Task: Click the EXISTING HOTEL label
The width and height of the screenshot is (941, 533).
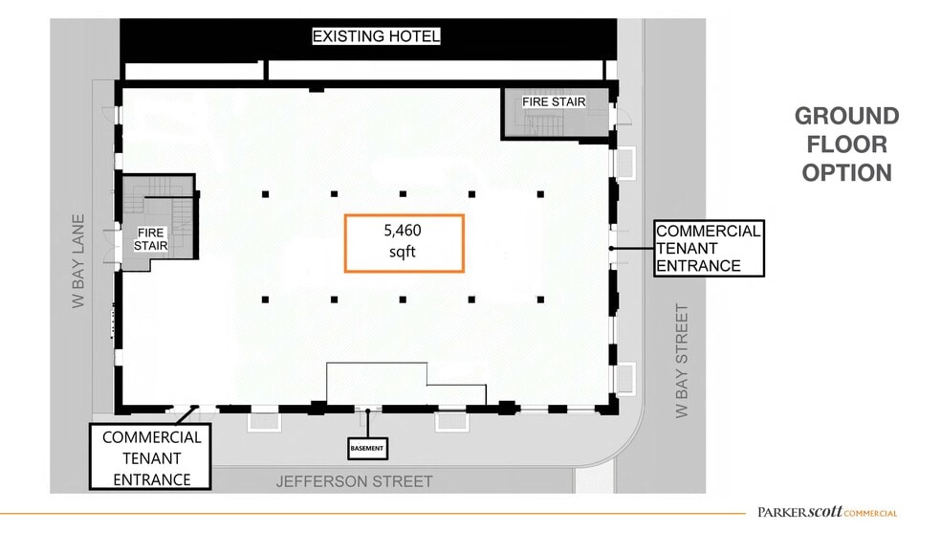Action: pos(377,37)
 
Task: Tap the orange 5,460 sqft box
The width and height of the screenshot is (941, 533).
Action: pos(405,243)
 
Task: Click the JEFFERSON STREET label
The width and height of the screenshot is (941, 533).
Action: pos(355,481)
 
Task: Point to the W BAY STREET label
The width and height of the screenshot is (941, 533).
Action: pos(682,361)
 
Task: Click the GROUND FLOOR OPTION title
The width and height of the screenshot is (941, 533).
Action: pos(846,144)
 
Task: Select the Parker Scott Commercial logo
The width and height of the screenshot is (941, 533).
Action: pos(827,512)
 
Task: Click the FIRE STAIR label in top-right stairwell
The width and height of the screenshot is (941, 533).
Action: pos(553,102)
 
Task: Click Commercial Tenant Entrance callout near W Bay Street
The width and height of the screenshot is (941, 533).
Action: pos(709,248)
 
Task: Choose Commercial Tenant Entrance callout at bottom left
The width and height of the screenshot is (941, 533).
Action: pos(151,456)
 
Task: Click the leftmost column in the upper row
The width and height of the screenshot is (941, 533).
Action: pos(266,194)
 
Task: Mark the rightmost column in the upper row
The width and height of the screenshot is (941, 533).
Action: pos(540,194)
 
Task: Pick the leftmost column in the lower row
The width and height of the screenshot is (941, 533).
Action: pos(266,300)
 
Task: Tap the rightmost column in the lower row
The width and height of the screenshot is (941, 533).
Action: pos(540,300)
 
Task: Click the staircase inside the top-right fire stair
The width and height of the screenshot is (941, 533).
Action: pos(549,123)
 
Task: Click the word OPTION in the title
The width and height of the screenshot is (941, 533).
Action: pos(846,173)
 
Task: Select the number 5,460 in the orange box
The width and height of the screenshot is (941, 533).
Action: pos(403,231)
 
